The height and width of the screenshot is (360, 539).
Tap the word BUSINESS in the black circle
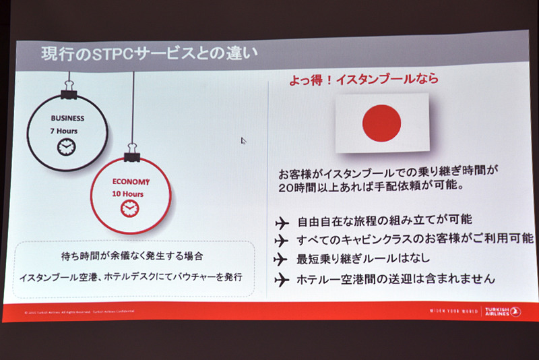(67, 118)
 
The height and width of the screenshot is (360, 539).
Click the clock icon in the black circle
(66, 146)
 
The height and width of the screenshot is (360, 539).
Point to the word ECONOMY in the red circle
(129, 182)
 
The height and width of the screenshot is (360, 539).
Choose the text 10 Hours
(128, 194)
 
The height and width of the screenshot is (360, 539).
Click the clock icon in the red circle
(128, 209)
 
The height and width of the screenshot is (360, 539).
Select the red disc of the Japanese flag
(381, 123)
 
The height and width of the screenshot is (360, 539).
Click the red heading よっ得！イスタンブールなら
(364, 79)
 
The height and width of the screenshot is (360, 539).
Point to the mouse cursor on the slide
(243, 141)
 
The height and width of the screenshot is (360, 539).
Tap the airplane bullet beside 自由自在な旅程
(282, 222)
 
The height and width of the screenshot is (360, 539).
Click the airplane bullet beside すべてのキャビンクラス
(282, 240)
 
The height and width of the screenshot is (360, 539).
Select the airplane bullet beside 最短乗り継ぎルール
(282, 259)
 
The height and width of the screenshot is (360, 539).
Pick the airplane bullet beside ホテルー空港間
(282, 278)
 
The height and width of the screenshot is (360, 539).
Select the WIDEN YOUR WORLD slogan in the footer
(453, 311)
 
